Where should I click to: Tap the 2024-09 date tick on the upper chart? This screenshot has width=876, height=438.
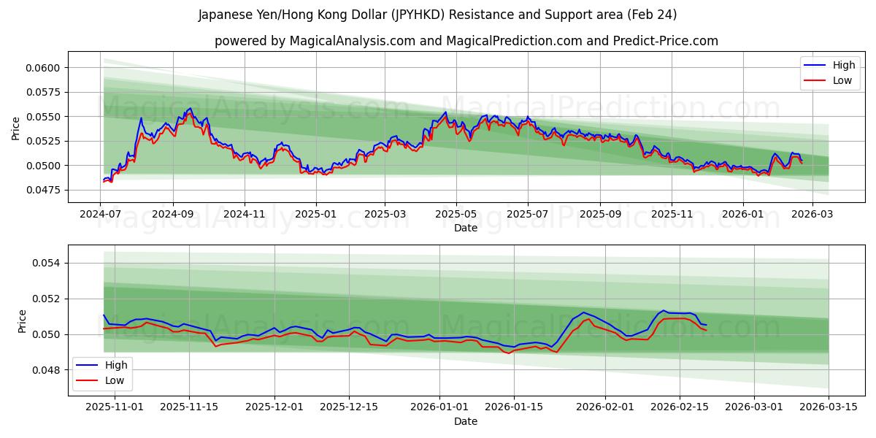[x=173, y=215]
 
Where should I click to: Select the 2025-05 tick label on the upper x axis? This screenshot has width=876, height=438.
[x=456, y=215]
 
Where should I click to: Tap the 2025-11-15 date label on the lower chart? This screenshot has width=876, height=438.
[x=189, y=407]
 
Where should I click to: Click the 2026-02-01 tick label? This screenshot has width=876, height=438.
[x=605, y=407]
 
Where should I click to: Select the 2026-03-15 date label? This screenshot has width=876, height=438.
[x=829, y=407]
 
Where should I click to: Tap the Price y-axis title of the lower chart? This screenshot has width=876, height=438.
[x=22, y=321]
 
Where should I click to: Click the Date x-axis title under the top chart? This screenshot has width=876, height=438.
[x=466, y=228]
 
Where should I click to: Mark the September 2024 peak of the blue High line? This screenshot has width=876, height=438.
[x=191, y=108]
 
